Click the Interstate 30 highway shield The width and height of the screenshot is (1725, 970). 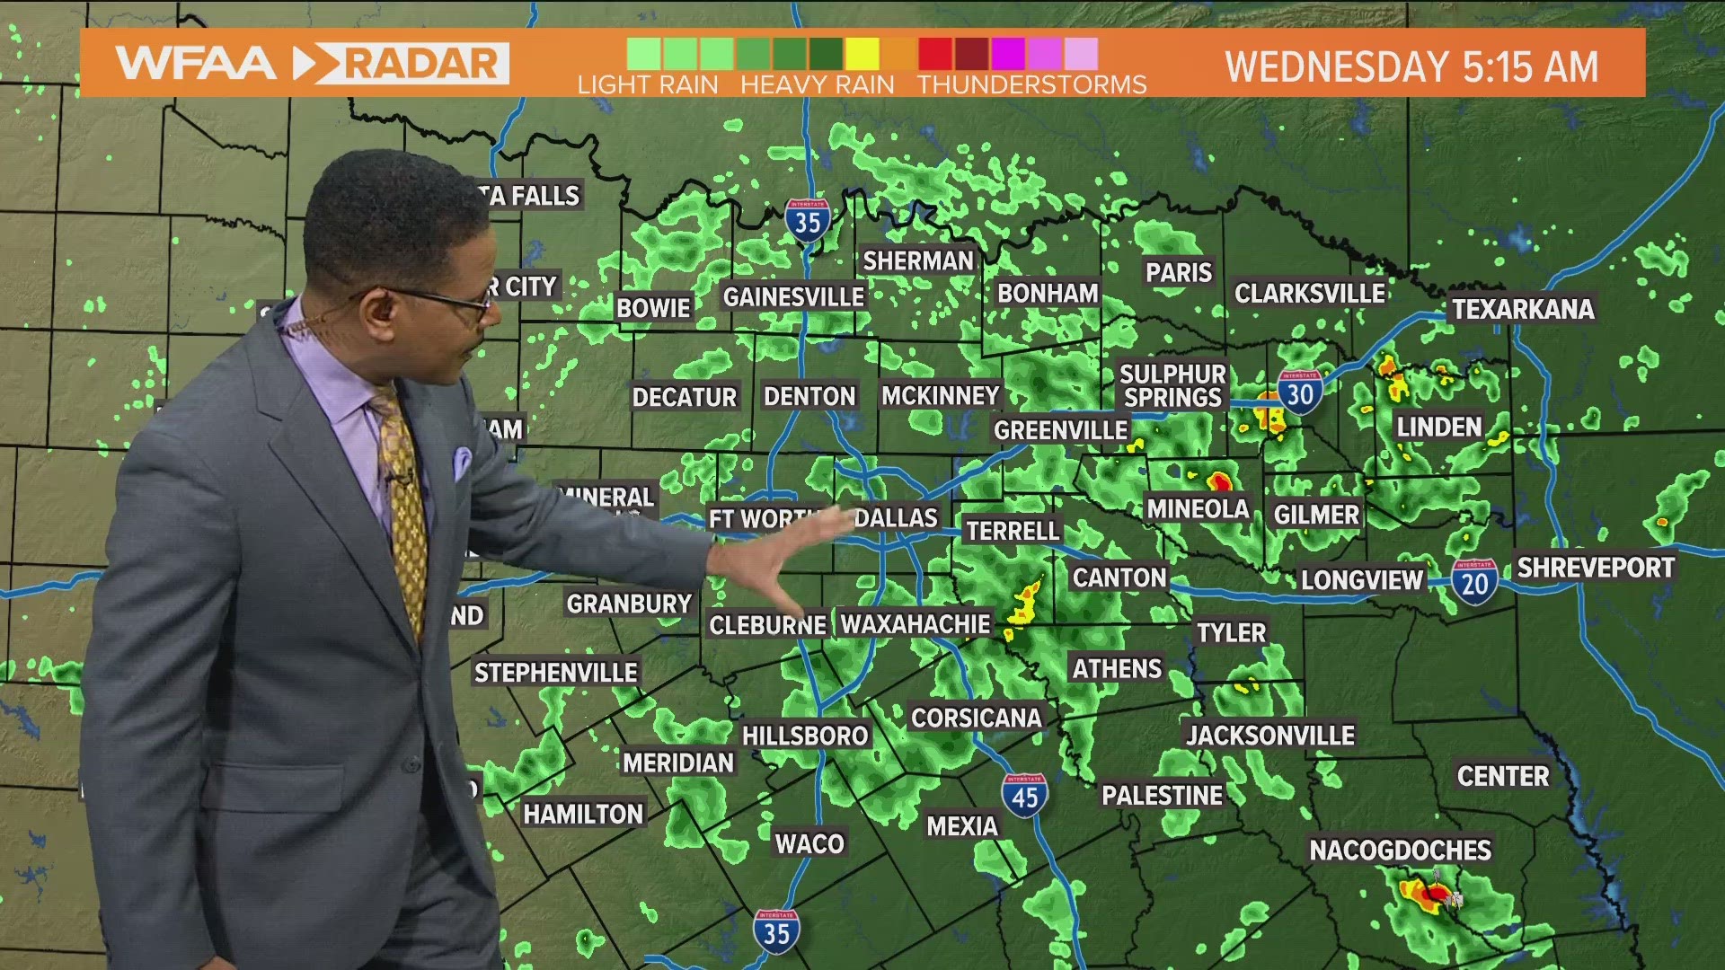(x=1300, y=392)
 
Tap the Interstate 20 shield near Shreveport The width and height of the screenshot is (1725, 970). (x=1474, y=582)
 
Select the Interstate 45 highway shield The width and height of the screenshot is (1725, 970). (x=1024, y=795)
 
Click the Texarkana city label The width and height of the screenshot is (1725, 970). (x=1523, y=309)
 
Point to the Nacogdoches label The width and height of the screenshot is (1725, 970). (x=1400, y=850)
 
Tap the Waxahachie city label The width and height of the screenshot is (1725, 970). (x=915, y=623)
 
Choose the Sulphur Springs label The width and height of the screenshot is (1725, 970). (x=1172, y=385)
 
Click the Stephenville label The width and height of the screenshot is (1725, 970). (x=555, y=673)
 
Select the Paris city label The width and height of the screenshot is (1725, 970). (x=1178, y=272)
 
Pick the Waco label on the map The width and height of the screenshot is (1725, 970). (x=809, y=843)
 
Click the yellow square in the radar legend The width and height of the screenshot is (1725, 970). (x=862, y=54)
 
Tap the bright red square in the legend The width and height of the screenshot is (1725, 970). (x=934, y=54)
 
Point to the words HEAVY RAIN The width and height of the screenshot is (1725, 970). (x=817, y=84)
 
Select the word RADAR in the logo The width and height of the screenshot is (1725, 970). (x=420, y=64)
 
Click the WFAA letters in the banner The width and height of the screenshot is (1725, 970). (x=196, y=64)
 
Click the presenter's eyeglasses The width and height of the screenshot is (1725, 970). (x=449, y=301)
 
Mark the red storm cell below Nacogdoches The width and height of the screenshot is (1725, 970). (x=1435, y=894)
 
